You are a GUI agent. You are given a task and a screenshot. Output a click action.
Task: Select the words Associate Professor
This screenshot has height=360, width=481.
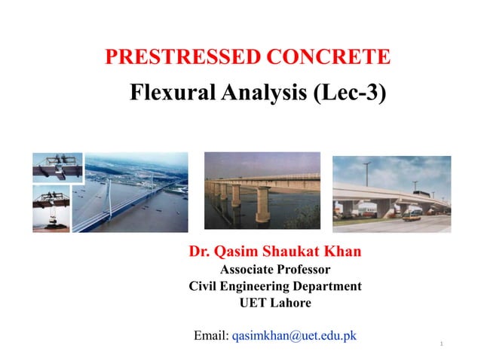[x=274, y=270]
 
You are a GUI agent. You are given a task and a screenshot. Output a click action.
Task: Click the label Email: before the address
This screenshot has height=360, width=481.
[x=211, y=335]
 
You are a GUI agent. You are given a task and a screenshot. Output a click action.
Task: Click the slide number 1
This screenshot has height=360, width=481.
[x=440, y=344]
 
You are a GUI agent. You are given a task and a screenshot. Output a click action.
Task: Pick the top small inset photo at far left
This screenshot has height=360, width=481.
[x=57, y=167]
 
